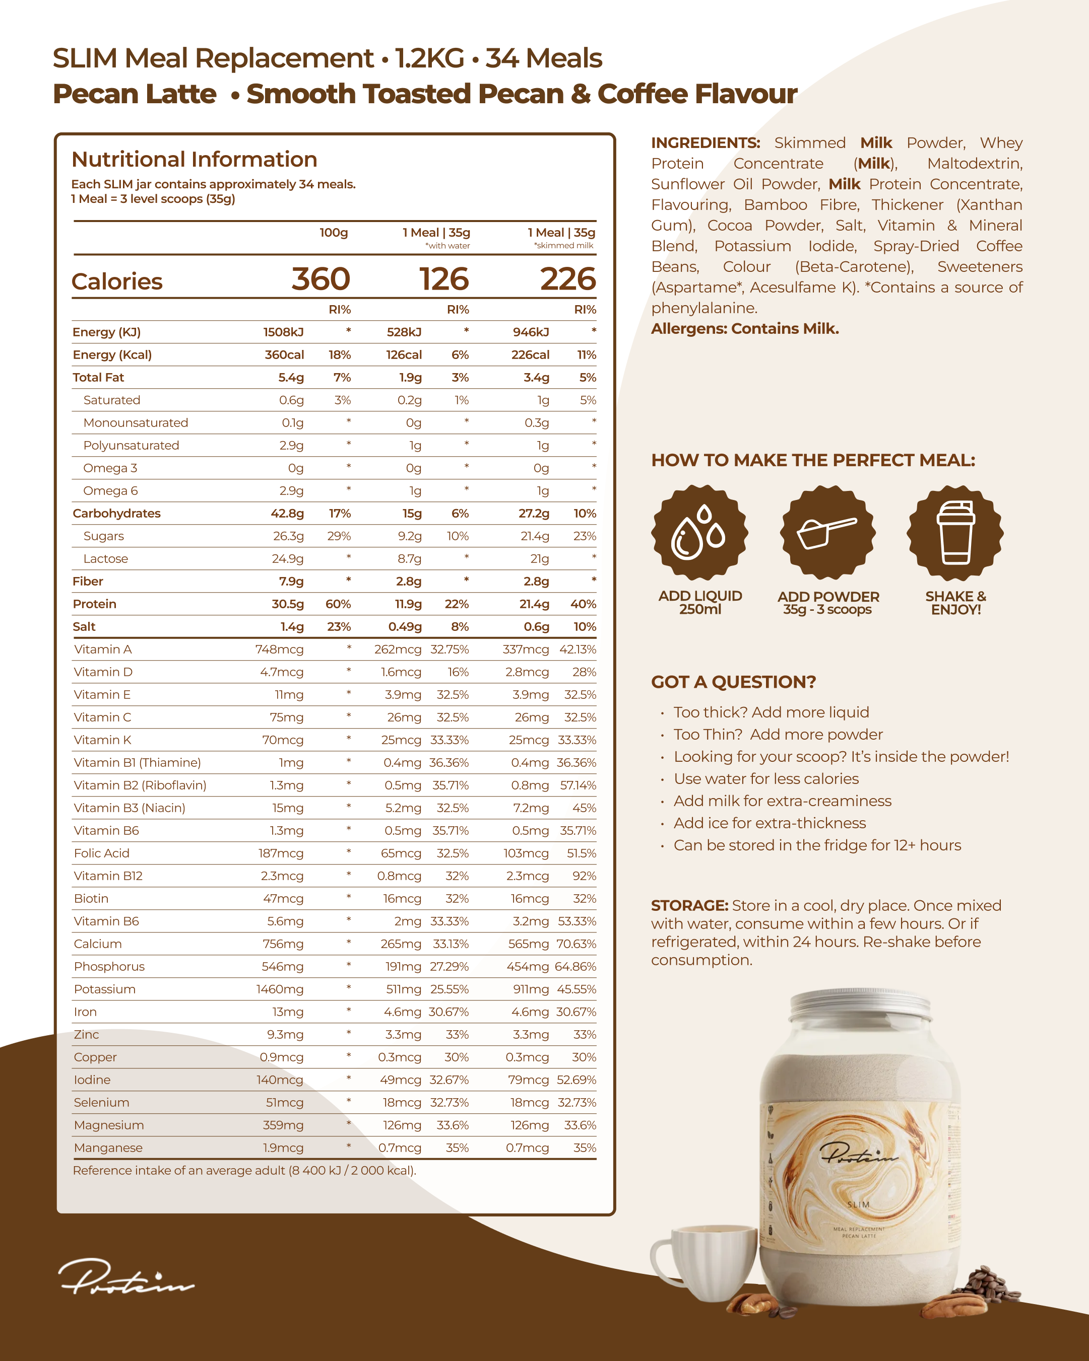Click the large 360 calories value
point(321,279)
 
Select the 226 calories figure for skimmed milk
point(567,279)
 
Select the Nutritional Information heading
point(194,160)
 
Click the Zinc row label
point(87,1035)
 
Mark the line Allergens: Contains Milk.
point(745,329)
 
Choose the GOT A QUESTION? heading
point(733,682)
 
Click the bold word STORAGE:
point(689,905)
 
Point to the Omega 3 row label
point(110,468)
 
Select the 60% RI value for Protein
point(338,604)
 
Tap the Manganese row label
point(108,1148)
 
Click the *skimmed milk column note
point(563,246)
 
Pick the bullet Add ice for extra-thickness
point(770,823)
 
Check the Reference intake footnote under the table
point(244,1170)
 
